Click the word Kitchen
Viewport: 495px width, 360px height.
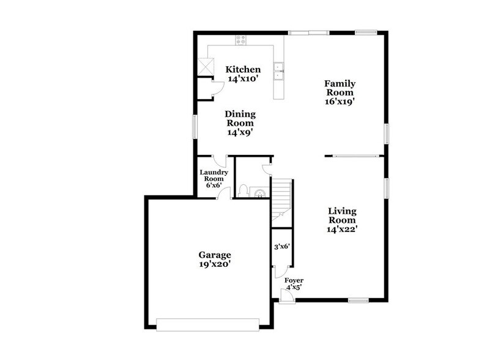click(x=244, y=69)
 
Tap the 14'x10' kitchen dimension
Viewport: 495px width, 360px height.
click(x=244, y=79)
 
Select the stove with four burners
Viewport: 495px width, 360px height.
click(x=241, y=41)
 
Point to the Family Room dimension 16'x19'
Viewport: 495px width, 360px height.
click(x=340, y=103)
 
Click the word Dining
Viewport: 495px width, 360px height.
click(x=240, y=114)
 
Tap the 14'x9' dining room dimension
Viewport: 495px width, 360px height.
click(x=240, y=132)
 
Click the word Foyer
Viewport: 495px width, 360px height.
click(x=294, y=280)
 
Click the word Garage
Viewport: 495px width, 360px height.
click(x=214, y=255)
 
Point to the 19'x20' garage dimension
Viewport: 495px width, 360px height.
click(x=214, y=265)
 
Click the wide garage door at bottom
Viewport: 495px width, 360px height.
click(x=208, y=324)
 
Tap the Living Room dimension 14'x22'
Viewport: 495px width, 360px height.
click(x=342, y=230)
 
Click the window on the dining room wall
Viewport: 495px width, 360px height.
click(x=195, y=128)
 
